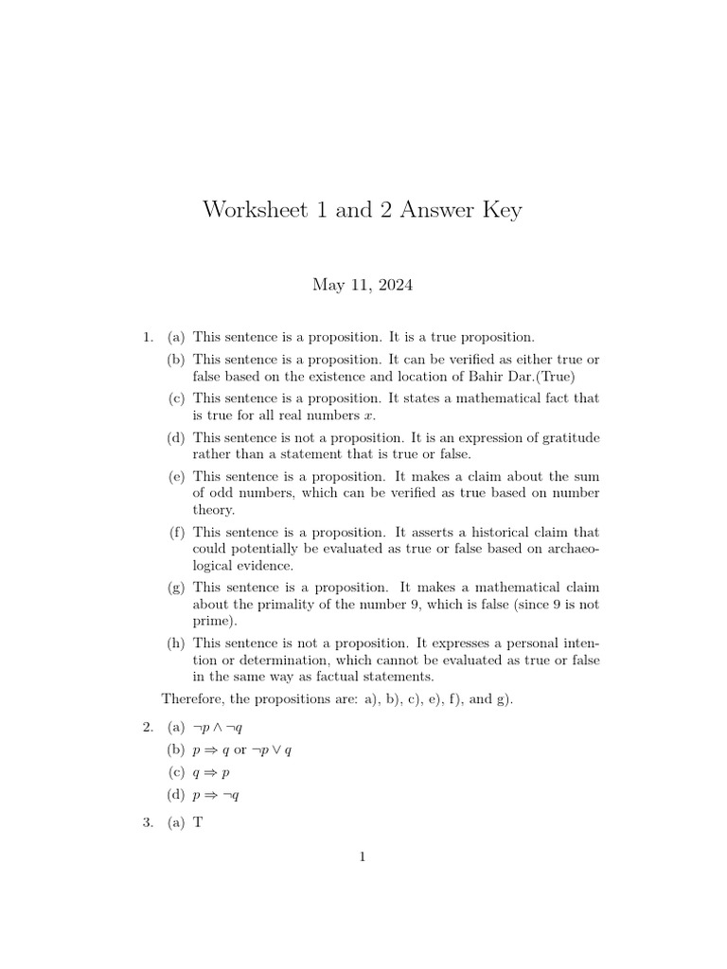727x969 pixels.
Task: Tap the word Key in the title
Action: (499, 210)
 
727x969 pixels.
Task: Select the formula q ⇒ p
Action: (211, 773)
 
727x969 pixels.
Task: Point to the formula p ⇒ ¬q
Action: (216, 796)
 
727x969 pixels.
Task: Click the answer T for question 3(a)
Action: (198, 823)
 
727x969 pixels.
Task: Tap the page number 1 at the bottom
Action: (363, 857)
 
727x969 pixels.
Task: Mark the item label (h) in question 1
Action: (176, 643)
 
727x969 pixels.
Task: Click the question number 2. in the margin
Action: (148, 728)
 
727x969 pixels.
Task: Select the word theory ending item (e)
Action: (213, 509)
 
